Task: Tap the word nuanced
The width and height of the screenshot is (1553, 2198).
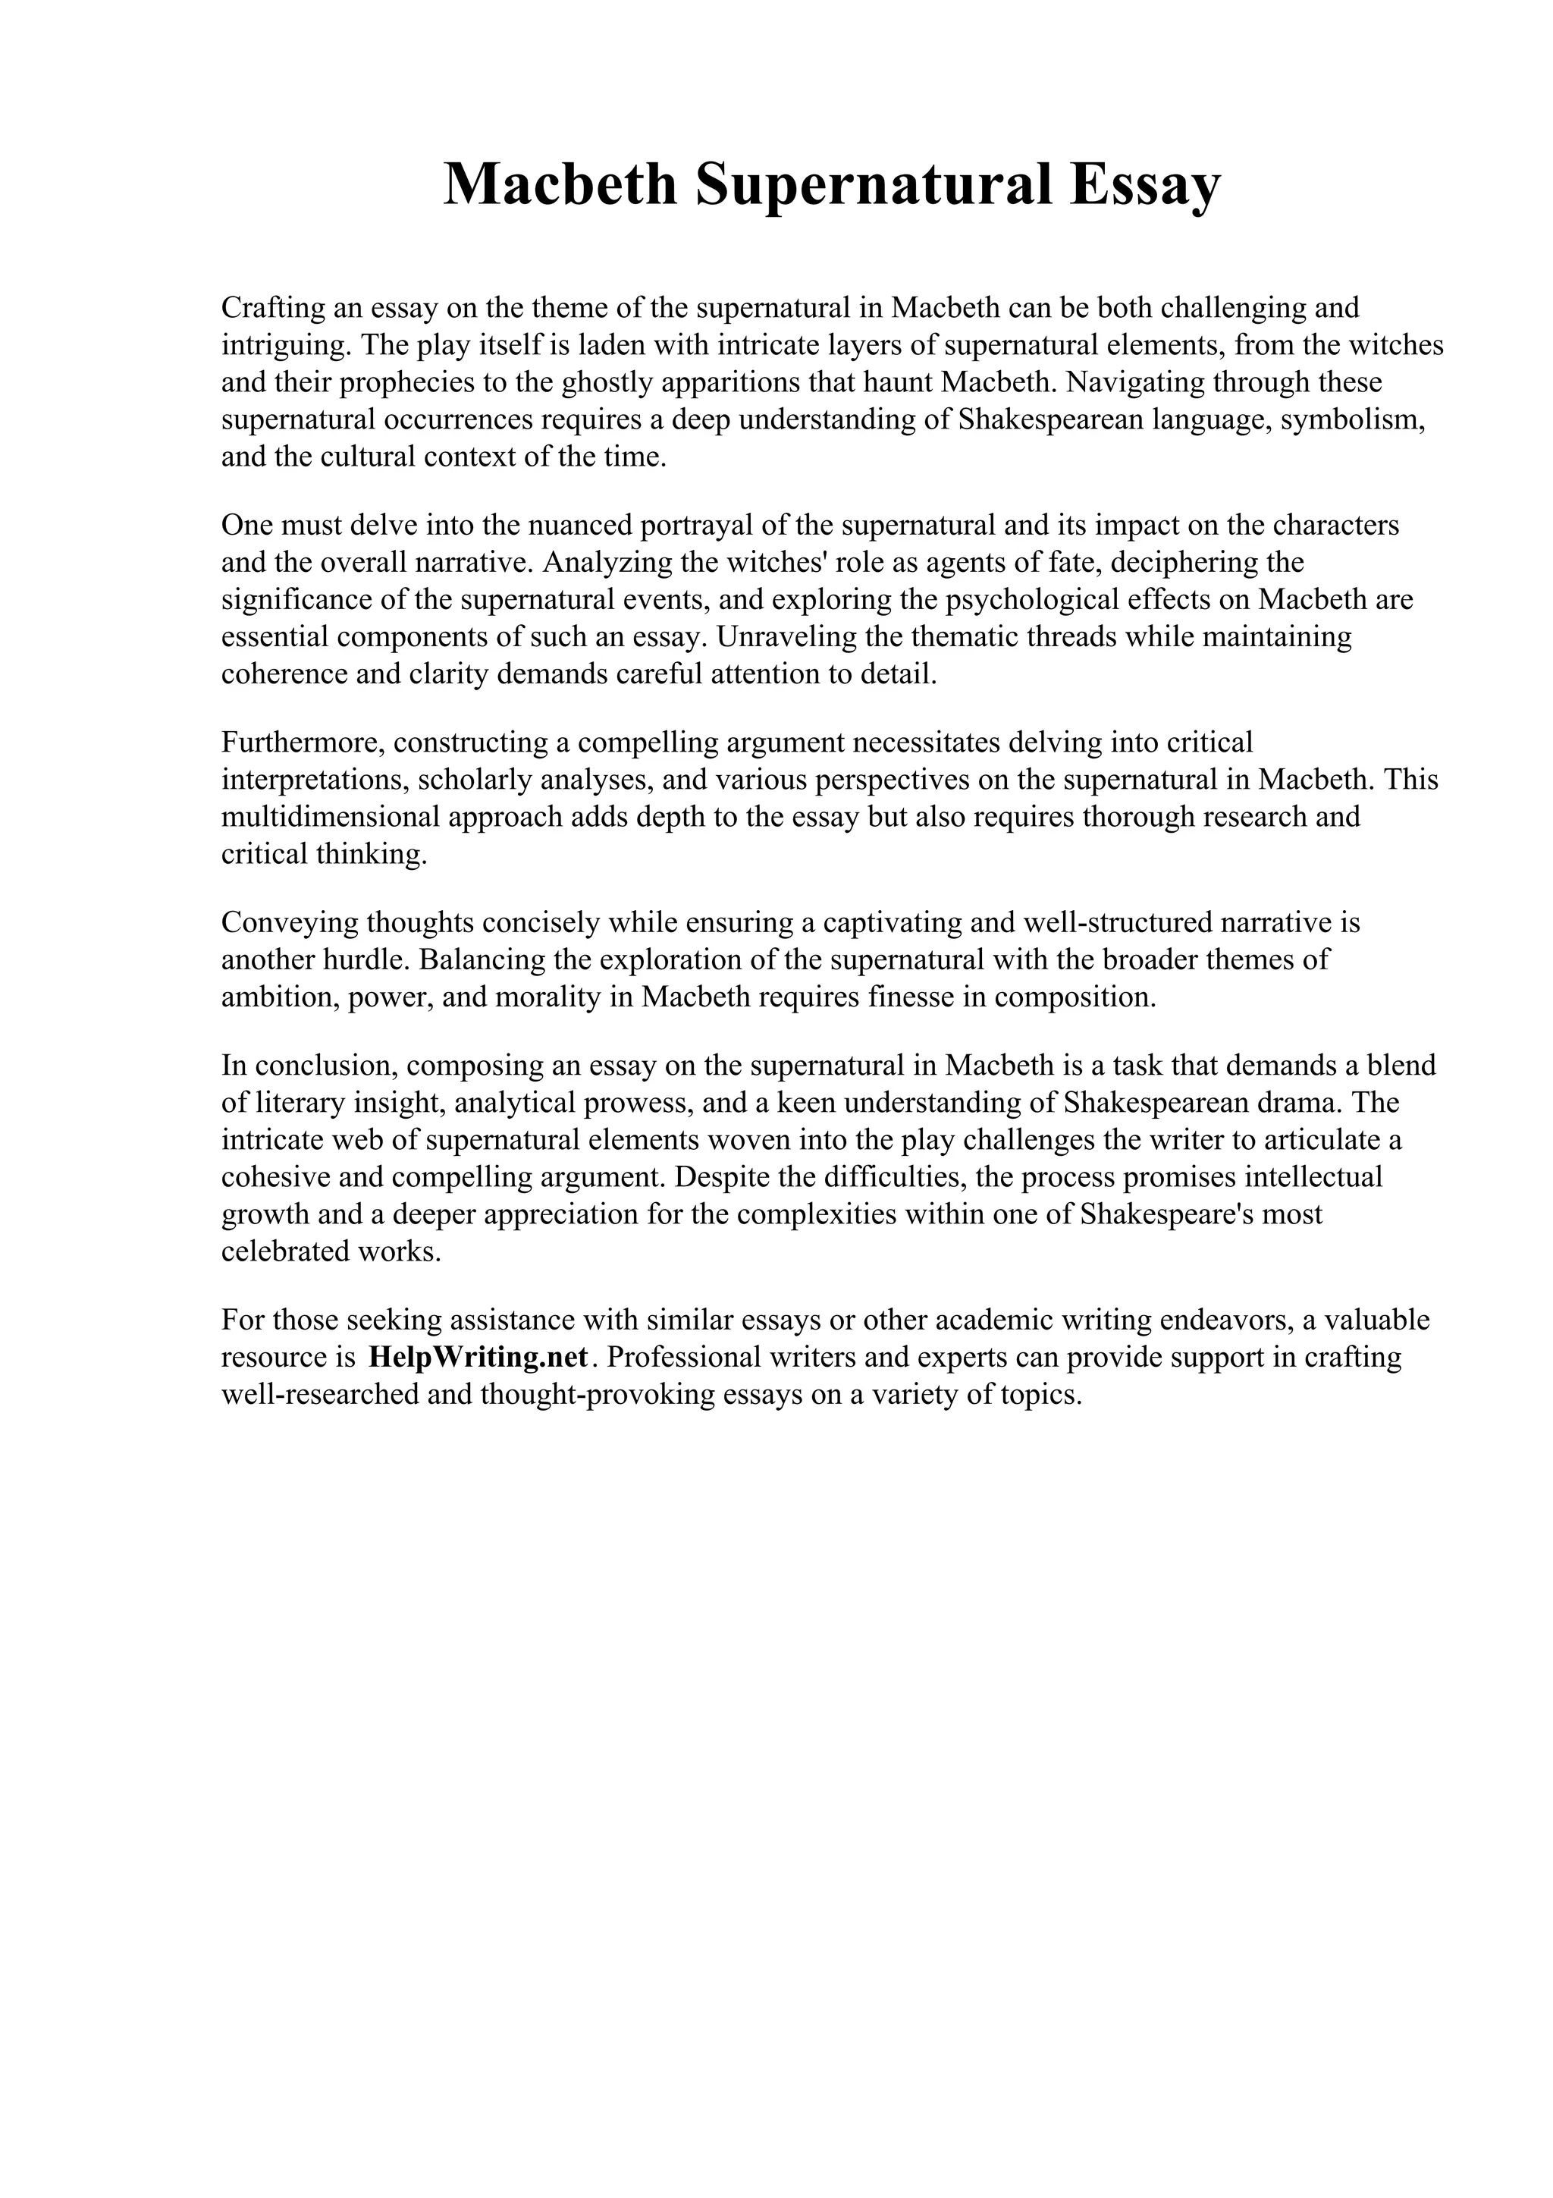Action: click(584, 525)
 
